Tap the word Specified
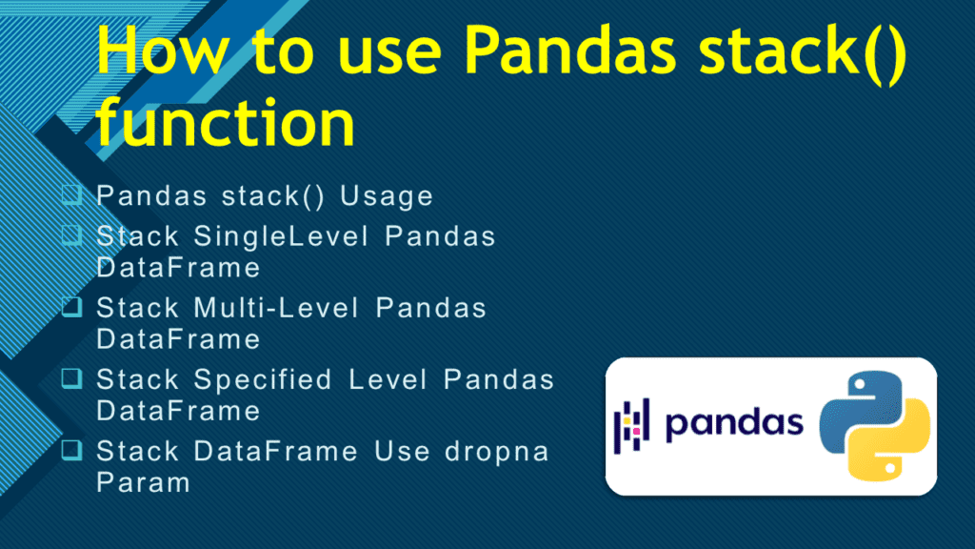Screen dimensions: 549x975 [264, 379]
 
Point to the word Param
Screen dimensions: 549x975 [143, 482]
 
